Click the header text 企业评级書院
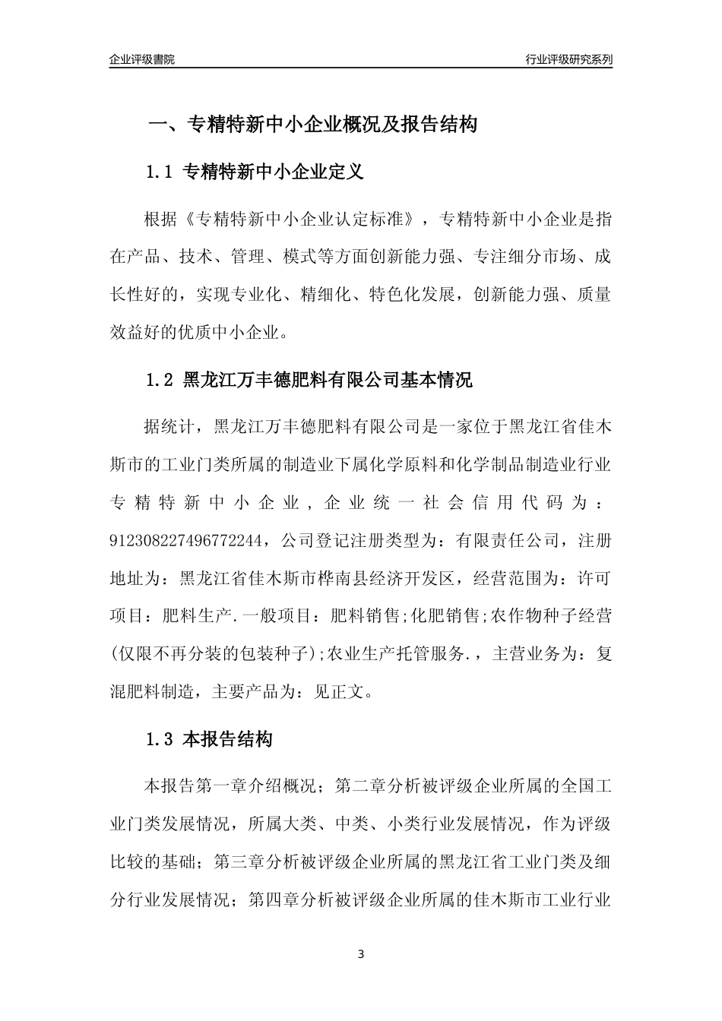click(142, 59)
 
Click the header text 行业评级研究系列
click(568, 59)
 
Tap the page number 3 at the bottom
click(361, 955)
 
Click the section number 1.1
click(160, 172)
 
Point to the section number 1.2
click(160, 380)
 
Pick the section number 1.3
click(160, 739)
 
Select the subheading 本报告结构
click(228, 739)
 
